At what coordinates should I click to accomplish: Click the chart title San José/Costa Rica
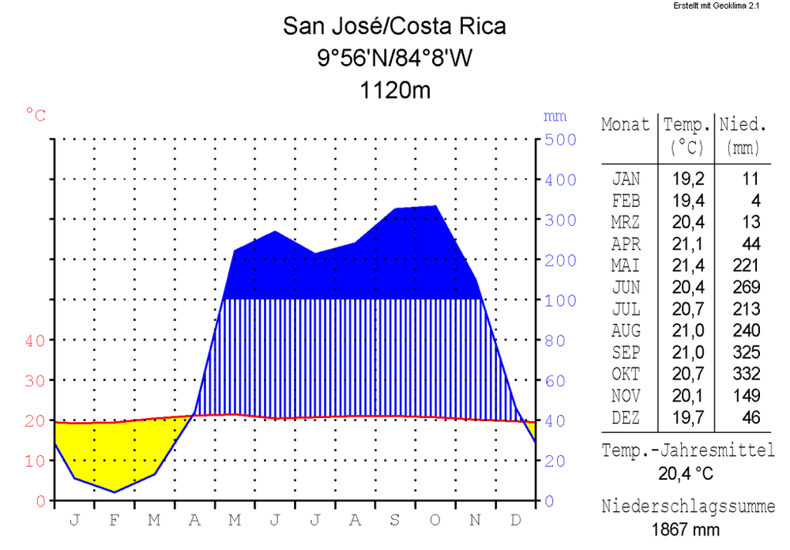click(394, 27)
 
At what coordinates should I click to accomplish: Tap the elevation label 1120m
click(395, 90)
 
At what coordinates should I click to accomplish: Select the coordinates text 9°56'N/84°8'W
click(394, 58)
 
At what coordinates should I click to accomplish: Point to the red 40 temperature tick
click(35, 341)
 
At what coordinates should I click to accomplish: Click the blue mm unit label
click(555, 116)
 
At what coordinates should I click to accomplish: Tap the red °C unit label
click(36, 115)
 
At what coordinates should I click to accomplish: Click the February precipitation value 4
click(754, 201)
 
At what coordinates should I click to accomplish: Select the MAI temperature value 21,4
click(685, 266)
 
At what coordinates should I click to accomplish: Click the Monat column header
click(626, 125)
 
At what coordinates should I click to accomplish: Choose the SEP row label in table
click(626, 352)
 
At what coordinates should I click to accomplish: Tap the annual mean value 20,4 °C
click(687, 474)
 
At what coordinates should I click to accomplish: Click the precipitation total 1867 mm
click(687, 529)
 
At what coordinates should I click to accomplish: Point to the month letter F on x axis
click(115, 520)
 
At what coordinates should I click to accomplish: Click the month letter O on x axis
click(435, 520)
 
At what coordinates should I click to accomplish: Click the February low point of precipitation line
click(115, 492)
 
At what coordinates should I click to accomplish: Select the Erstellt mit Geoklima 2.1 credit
click(716, 6)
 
